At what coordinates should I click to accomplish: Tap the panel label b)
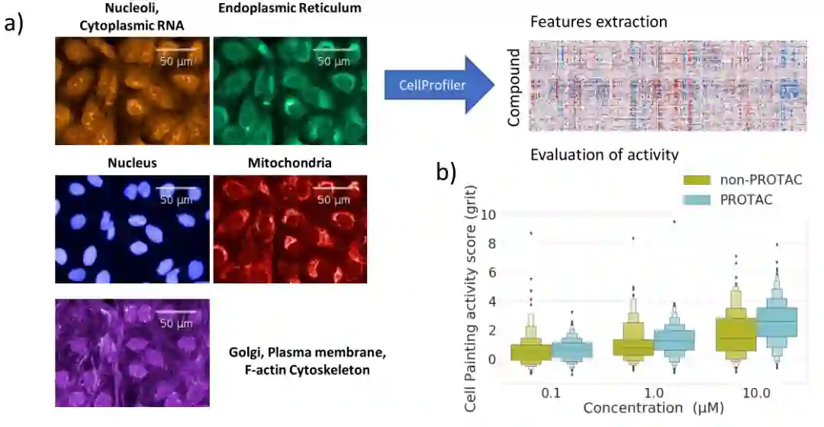[x=446, y=173]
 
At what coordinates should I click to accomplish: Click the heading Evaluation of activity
[x=604, y=155]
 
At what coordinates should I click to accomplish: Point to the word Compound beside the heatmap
[x=515, y=88]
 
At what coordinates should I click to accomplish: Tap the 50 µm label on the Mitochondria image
[x=333, y=201]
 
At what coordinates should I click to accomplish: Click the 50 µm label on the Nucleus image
[x=176, y=201]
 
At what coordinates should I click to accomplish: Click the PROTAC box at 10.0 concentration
[x=777, y=321]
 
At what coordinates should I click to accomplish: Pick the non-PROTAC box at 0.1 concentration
[x=537, y=351]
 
